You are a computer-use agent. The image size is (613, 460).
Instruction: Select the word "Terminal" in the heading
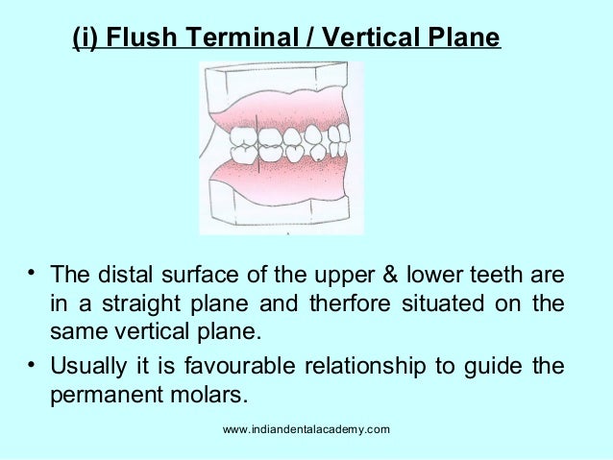pos(227,38)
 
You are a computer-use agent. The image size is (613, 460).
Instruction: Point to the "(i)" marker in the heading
pos(85,38)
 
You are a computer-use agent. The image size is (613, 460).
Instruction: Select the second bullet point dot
pos(33,367)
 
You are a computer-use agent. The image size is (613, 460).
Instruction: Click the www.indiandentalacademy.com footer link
pos(306,428)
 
